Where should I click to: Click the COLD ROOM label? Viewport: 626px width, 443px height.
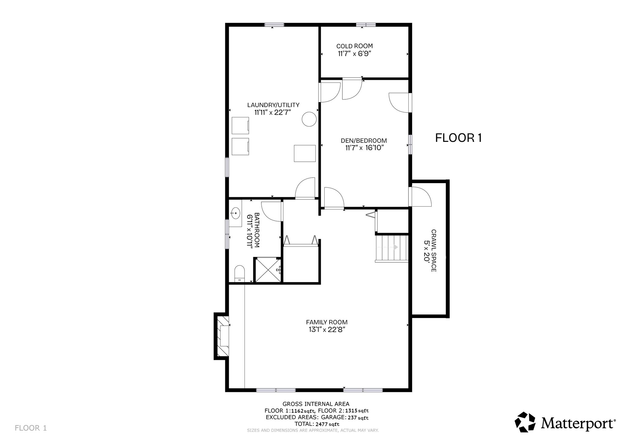[x=355, y=46]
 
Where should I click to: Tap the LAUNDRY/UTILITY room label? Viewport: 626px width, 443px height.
[x=273, y=105]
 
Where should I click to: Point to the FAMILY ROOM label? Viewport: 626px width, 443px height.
[x=327, y=322]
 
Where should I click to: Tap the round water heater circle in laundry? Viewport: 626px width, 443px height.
[x=309, y=119]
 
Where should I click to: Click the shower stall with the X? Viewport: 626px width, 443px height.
[x=268, y=270]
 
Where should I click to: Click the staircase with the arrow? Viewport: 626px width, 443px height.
[x=392, y=248]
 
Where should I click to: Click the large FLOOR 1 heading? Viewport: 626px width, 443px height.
[x=458, y=138]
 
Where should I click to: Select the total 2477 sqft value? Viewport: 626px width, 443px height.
[x=328, y=424]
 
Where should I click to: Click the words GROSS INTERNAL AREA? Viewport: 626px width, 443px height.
[x=316, y=404]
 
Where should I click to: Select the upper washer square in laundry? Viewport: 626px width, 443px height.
[x=240, y=125]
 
